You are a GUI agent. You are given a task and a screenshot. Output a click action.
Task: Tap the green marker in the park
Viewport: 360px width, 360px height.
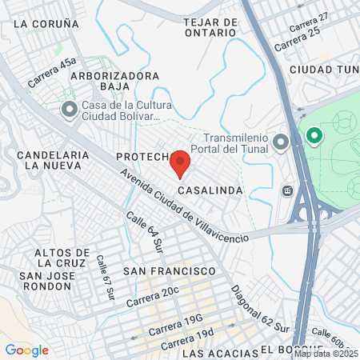(x=313, y=136)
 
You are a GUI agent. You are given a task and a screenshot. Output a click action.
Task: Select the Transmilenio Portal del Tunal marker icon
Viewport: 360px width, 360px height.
(x=281, y=143)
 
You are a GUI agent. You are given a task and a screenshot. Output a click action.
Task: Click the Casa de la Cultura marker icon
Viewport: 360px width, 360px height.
(x=70, y=109)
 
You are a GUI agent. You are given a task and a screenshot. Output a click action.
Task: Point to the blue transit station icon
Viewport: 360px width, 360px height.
(x=287, y=192)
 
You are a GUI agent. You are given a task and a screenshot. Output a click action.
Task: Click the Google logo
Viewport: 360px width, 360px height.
(x=27, y=350)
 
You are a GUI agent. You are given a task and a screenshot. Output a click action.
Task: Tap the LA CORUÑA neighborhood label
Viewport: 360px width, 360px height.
(x=46, y=23)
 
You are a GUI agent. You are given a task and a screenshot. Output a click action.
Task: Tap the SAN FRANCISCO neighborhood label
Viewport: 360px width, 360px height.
(x=170, y=272)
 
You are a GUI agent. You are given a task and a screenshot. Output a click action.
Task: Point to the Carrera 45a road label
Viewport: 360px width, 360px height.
(x=52, y=73)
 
